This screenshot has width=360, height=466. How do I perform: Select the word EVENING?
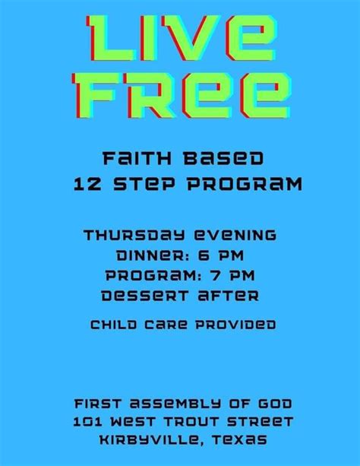point(235,234)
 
